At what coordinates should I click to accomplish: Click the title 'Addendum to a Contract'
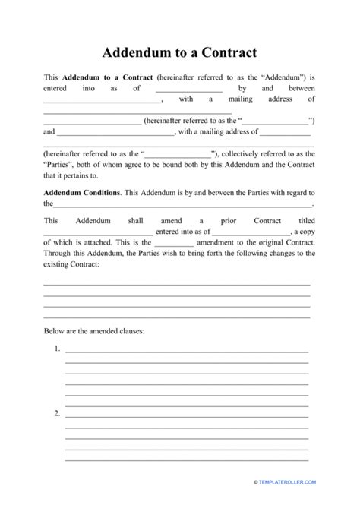point(179,53)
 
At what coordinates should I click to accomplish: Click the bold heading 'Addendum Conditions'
point(81,193)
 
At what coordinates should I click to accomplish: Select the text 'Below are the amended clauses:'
point(94,331)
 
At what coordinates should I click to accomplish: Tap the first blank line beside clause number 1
point(187,351)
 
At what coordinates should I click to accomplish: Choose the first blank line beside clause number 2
point(187,415)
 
